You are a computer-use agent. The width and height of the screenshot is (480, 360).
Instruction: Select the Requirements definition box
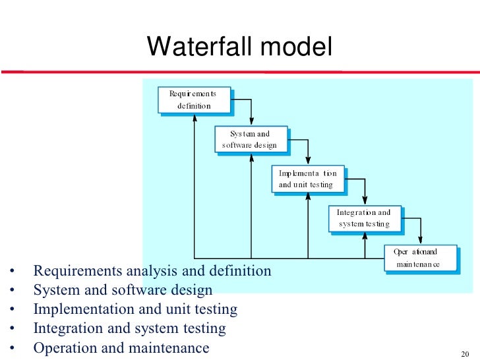pyautogui.click(x=194, y=100)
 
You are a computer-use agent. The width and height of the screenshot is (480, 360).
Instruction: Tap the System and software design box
pyautogui.click(x=251, y=139)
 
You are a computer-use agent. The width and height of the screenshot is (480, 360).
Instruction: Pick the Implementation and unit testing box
pyautogui.click(x=307, y=179)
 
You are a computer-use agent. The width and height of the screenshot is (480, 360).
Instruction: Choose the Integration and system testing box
pyautogui.click(x=364, y=218)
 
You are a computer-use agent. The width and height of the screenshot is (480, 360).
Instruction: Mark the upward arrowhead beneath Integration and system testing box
pyautogui.click(x=364, y=236)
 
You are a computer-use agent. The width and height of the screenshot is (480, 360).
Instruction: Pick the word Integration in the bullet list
pyautogui.click(x=65, y=328)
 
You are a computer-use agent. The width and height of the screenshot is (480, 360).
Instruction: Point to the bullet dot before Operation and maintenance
pyautogui.click(x=12, y=349)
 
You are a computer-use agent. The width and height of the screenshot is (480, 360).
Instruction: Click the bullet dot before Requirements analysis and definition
pyautogui.click(x=12, y=272)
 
